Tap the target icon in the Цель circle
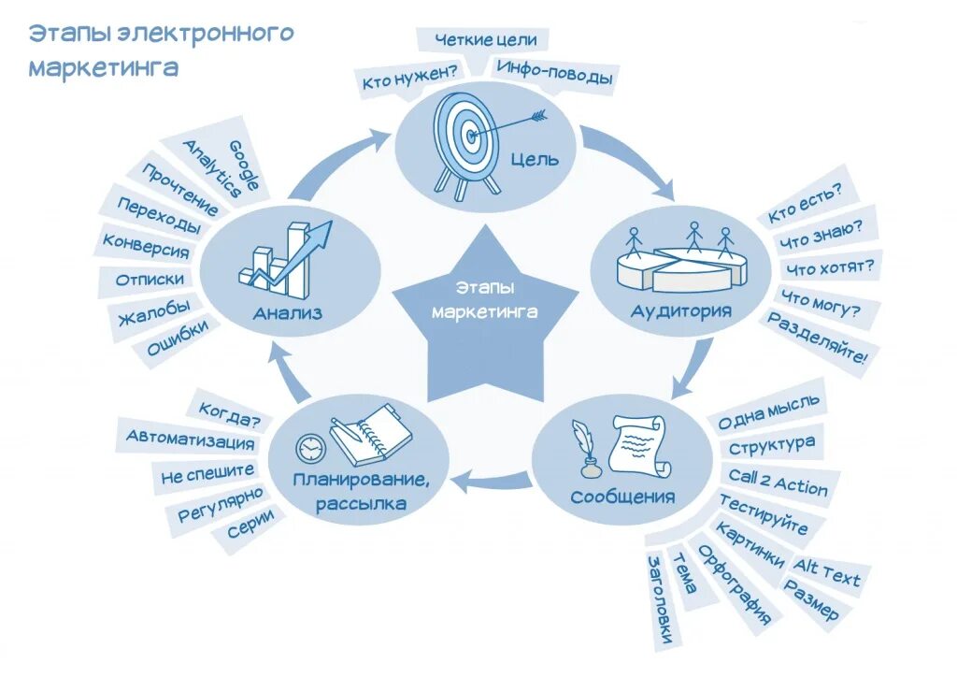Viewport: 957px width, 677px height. tap(464, 137)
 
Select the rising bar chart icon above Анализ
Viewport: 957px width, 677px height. tap(285, 257)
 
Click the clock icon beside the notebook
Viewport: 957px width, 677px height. tap(308, 448)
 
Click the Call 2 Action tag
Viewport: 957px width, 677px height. tap(778, 483)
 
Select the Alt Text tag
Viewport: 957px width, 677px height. tap(826, 570)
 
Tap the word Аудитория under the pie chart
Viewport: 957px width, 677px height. tap(681, 310)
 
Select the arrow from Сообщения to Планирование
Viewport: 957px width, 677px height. tap(490, 482)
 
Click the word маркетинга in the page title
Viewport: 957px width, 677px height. tap(103, 68)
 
